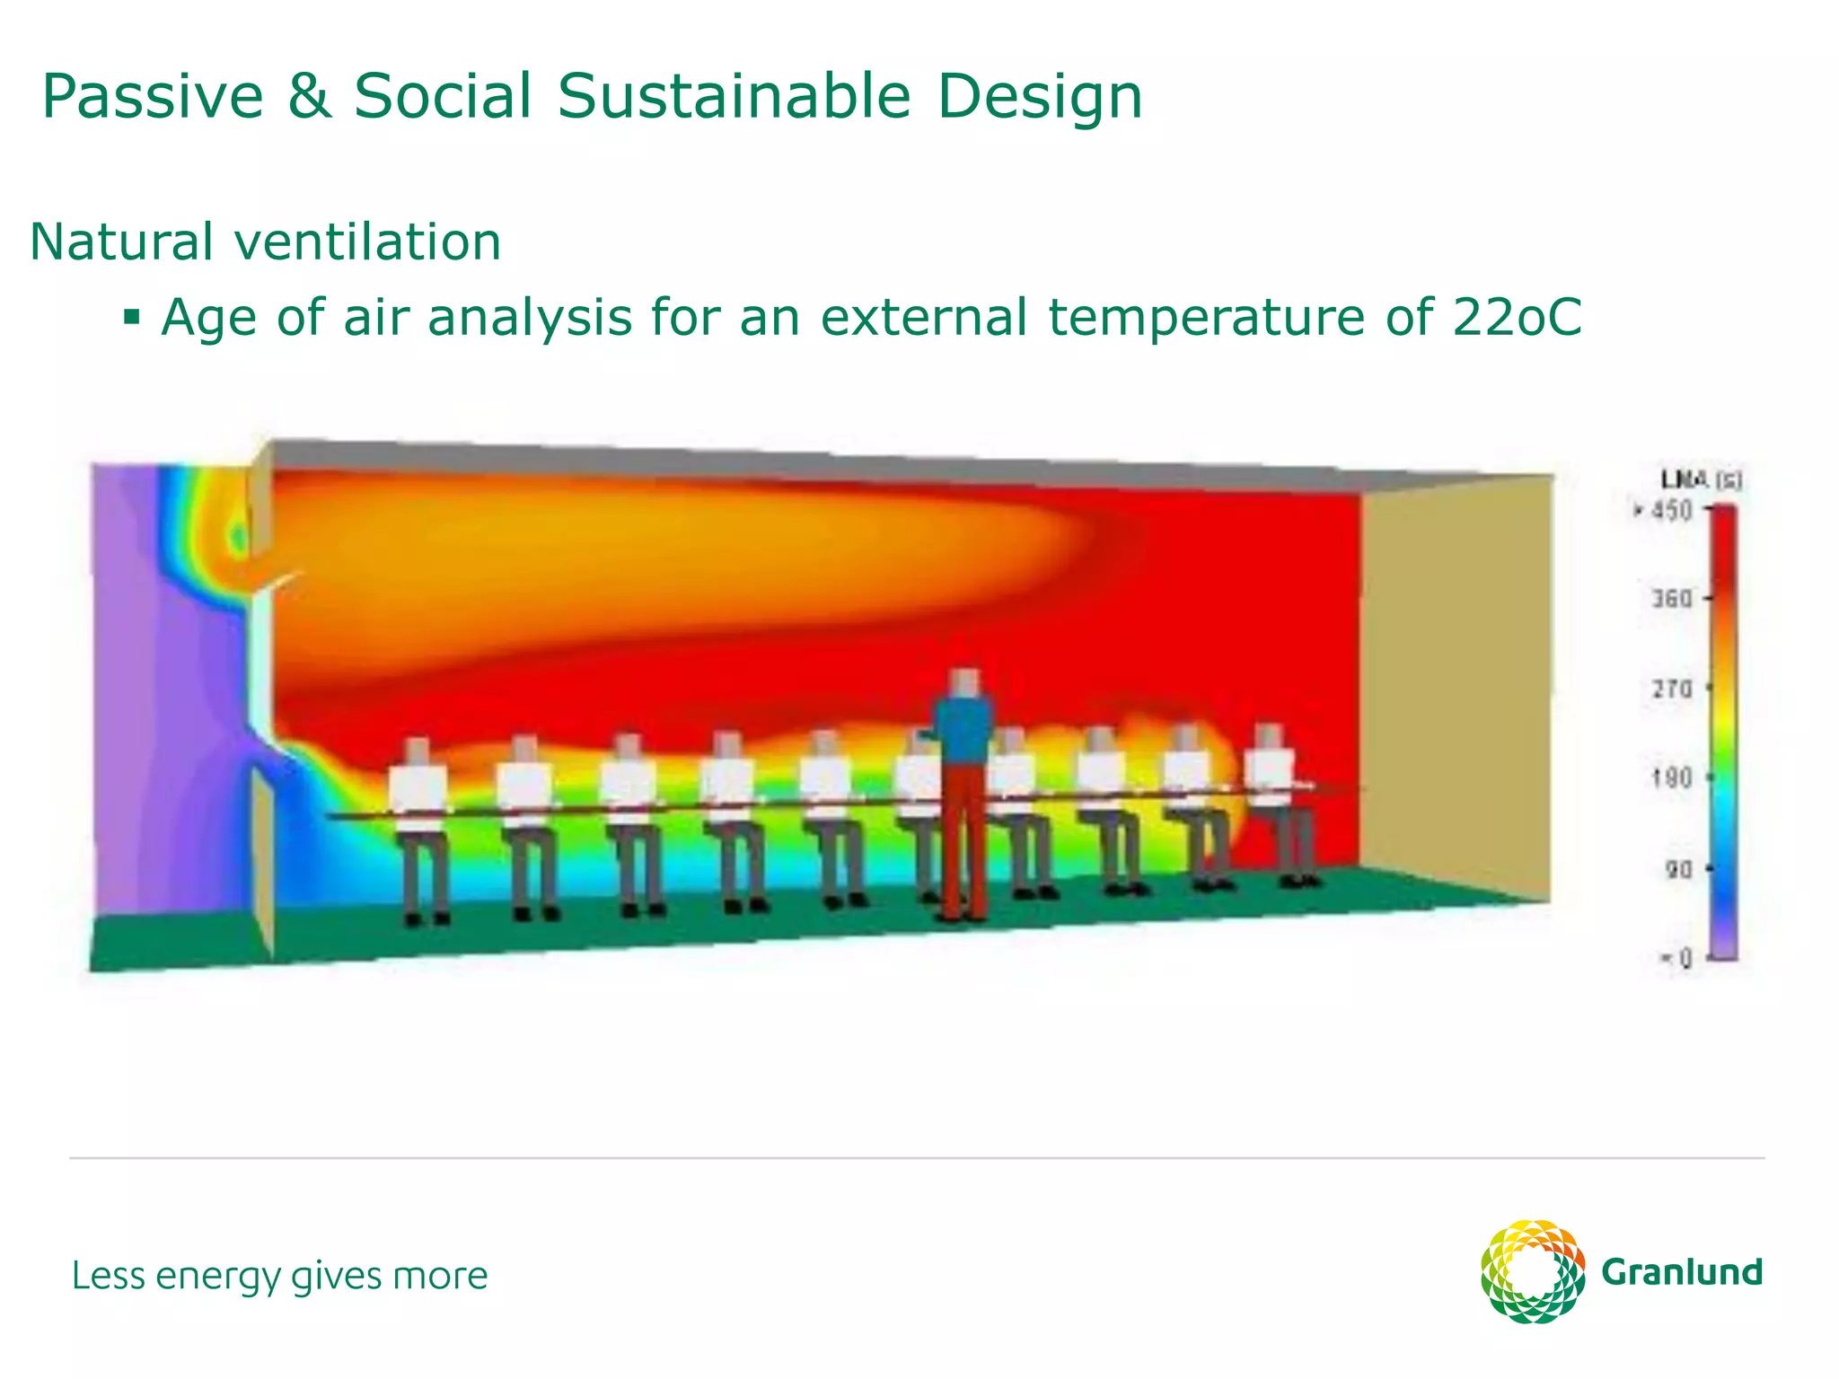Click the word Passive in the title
tap(153, 97)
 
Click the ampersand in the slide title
tap(309, 97)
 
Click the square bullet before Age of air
tap(132, 317)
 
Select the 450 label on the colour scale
tap(1672, 511)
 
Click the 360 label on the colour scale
tap(1672, 599)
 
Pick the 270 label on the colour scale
tap(1672, 689)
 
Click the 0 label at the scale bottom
tap(1684, 959)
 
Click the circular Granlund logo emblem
tap(1532, 1271)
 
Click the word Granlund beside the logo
tap(1682, 1273)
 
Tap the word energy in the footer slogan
tap(219, 1277)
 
